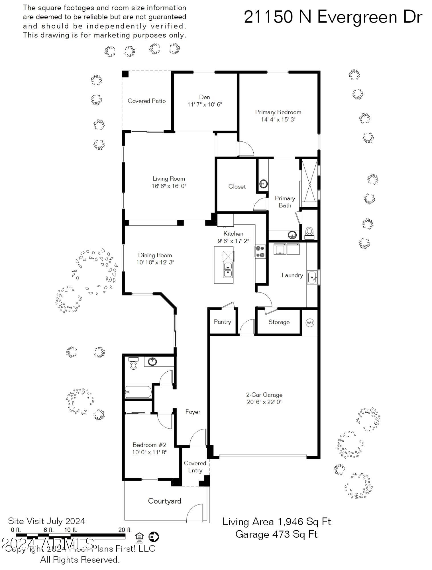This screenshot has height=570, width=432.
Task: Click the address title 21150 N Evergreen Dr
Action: pos(333,17)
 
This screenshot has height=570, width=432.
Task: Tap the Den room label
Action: pos(204,97)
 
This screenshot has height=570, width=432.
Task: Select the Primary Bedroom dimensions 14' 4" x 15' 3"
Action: pos(278,119)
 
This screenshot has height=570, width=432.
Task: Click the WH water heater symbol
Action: pos(310,323)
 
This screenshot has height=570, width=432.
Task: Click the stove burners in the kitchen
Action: pos(260,252)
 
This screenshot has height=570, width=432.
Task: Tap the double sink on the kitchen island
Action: pos(227,270)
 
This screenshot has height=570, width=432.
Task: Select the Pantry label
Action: pos(222,322)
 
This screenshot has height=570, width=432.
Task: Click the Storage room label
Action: pos(279,322)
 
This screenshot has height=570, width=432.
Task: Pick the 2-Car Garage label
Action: pos(264,395)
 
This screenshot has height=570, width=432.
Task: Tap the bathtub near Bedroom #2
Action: pos(138,392)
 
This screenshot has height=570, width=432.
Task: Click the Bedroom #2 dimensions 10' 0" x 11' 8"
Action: pos(149,452)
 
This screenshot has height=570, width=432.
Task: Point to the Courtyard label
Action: pos(164,501)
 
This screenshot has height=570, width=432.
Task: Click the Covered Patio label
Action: pos(146,101)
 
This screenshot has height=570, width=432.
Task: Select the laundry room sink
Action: pos(312,277)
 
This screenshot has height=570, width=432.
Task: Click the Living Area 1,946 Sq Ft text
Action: pos(276,522)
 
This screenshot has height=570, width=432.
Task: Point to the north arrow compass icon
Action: pos(154,537)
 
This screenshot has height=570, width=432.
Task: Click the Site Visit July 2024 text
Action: pos(46,521)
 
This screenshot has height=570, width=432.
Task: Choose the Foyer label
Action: pos(193,412)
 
